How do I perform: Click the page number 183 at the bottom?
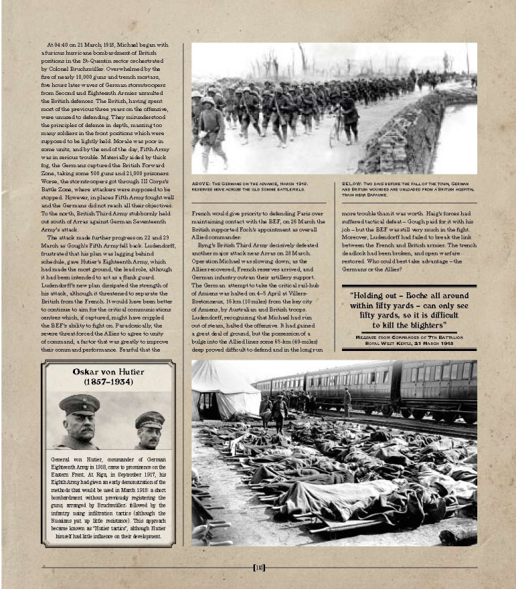click(258, 568)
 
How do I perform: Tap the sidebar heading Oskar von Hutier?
click(109, 372)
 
